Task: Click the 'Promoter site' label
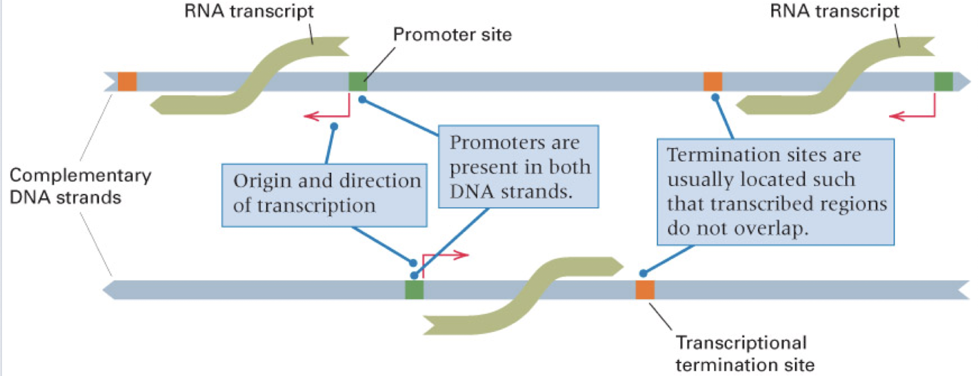click(452, 34)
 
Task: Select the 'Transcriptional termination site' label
click(741, 352)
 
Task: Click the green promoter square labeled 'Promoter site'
click(358, 81)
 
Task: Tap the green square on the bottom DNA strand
click(414, 290)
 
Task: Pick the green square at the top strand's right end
click(943, 81)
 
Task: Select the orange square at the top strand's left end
click(127, 81)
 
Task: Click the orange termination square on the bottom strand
click(645, 290)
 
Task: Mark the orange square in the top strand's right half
click(712, 81)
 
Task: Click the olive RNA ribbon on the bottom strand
click(524, 293)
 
